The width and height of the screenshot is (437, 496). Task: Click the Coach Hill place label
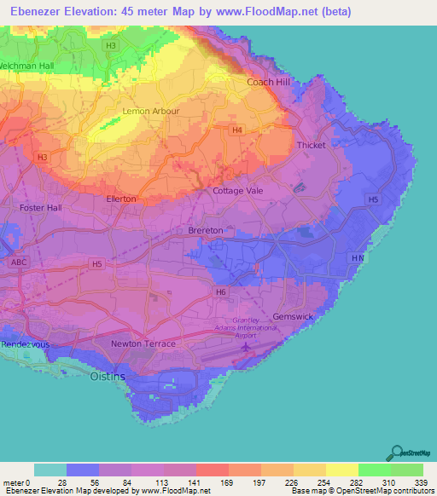[x=269, y=82]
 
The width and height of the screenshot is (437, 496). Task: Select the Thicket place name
[x=311, y=145]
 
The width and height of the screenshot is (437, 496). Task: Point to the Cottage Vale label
[x=238, y=191]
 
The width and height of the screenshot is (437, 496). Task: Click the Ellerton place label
[x=121, y=199]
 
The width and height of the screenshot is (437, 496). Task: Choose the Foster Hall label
[x=41, y=207]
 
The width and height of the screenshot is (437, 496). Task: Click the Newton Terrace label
[x=143, y=343]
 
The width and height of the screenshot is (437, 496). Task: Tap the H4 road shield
[x=237, y=130]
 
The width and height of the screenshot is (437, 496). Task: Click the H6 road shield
[x=221, y=292]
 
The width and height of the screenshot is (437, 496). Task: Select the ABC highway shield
[x=20, y=262]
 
